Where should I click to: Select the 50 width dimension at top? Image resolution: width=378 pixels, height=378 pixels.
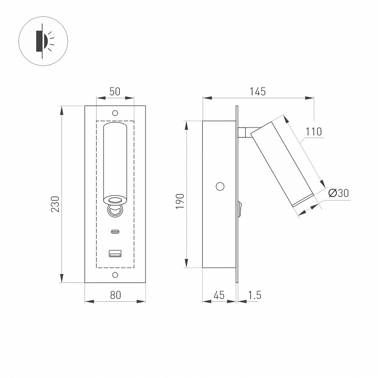[115, 91]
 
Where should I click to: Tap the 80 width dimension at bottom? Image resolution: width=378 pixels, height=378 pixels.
[115, 295]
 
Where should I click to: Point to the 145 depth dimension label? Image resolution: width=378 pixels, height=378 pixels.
[258, 91]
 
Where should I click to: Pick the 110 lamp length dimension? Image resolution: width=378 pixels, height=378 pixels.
[313, 131]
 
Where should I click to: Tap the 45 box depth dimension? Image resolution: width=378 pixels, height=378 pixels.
[219, 295]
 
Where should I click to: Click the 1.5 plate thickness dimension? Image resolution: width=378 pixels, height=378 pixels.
[254, 295]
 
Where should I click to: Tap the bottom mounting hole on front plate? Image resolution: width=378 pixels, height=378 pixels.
[115, 275]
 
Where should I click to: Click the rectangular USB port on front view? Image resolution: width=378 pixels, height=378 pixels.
[115, 254]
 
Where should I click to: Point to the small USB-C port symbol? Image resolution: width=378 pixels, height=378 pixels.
[115, 232]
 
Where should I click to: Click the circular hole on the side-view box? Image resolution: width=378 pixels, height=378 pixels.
[220, 186]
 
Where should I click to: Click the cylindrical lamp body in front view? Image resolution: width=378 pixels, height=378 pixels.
[115, 160]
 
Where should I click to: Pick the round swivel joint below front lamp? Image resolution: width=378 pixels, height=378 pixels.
[115, 210]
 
